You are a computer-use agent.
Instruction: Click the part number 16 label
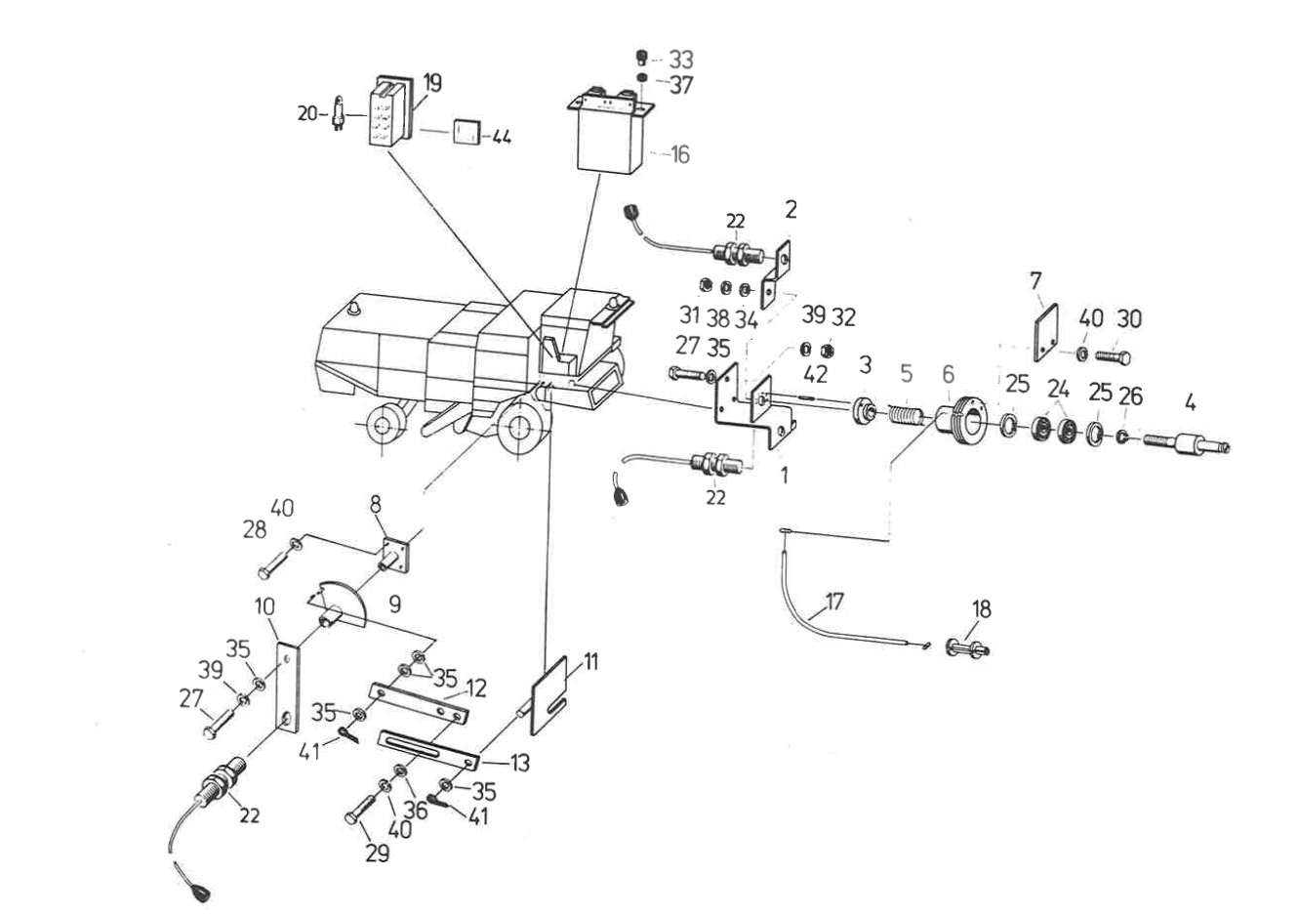tap(679, 154)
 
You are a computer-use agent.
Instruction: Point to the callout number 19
tap(431, 83)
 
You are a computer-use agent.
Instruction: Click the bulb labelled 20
tap(339, 114)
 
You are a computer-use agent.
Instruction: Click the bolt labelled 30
tap(1113, 357)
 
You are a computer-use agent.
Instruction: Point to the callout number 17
tap(834, 602)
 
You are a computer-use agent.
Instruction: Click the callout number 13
tap(519, 763)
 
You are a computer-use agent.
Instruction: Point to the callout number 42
tap(815, 374)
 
